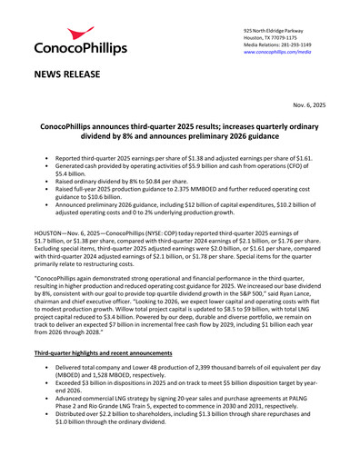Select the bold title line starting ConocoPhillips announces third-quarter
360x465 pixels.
[179, 131]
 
